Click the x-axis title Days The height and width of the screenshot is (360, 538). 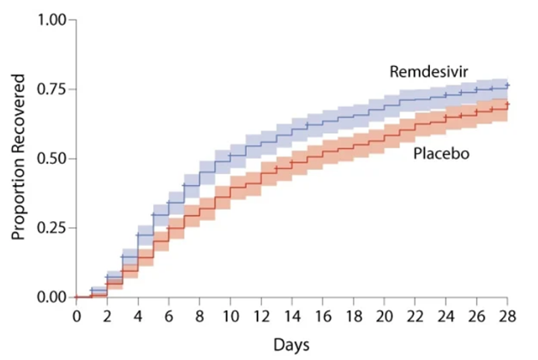(x=291, y=344)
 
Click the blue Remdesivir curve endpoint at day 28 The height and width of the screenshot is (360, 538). (x=506, y=86)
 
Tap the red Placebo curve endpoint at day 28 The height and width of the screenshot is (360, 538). (x=506, y=105)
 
